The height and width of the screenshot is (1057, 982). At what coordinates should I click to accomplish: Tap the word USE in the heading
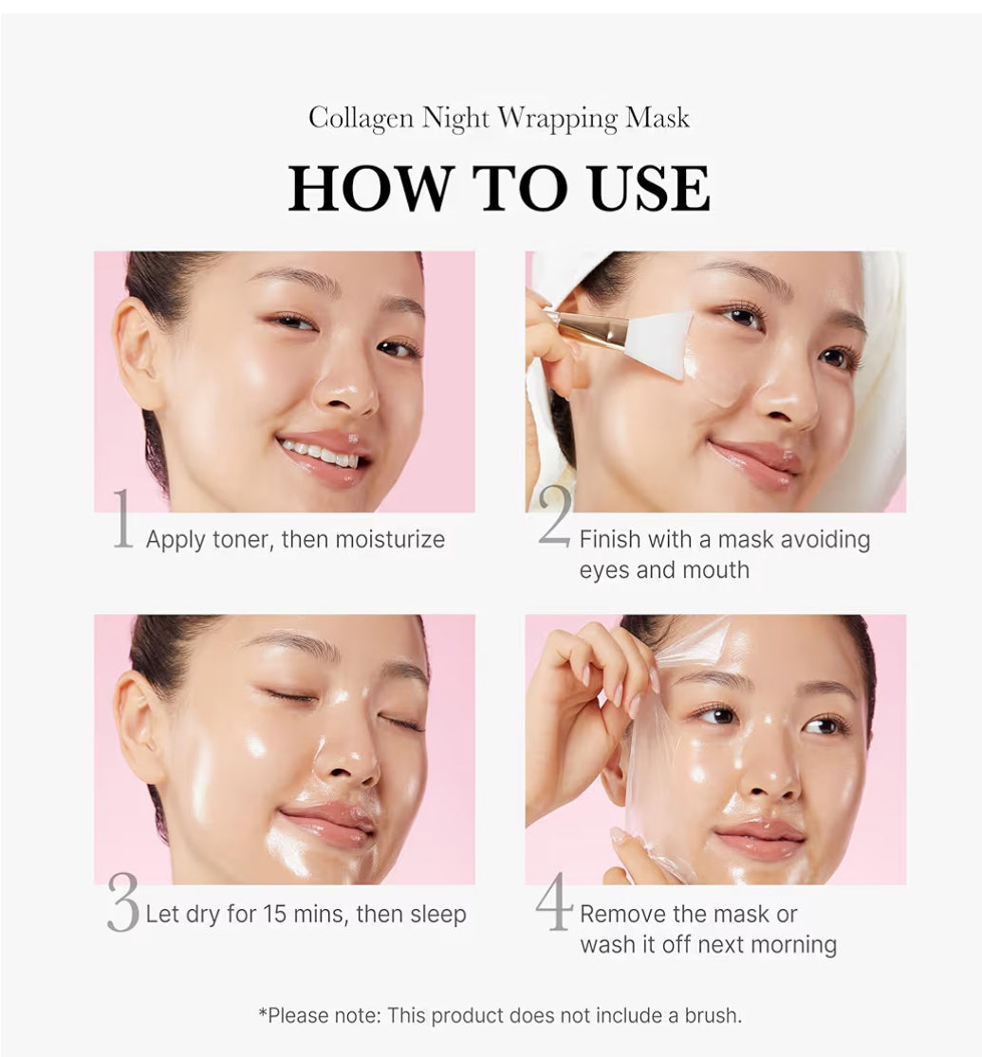(649, 188)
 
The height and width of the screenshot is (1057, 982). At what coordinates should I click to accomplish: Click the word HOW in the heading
(370, 188)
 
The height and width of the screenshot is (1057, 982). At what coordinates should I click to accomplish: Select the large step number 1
(122, 518)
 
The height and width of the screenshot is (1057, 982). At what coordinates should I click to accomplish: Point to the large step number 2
(555, 516)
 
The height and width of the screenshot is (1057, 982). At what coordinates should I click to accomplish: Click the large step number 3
(122, 902)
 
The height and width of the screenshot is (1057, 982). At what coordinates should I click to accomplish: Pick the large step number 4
(554, 901)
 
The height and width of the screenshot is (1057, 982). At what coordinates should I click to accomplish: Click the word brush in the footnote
(713, 1015)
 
